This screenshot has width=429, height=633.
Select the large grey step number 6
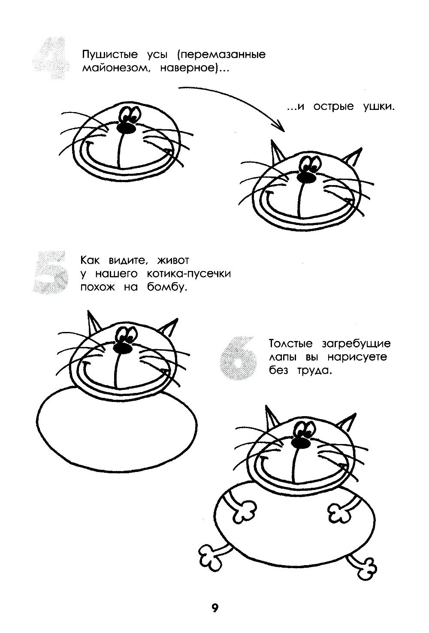239,357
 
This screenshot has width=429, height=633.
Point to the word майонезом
115,69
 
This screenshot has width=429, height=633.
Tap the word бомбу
167,287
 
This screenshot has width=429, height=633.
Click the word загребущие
356,344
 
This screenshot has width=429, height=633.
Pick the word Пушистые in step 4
110,54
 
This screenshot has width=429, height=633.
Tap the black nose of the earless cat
126,128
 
